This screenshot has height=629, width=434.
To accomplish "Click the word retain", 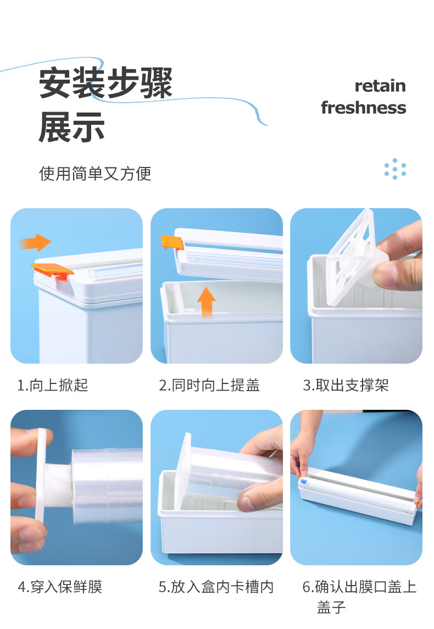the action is point(380,86).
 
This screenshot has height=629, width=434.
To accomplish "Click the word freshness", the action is point(363,108).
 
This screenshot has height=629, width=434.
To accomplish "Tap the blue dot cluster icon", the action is point(395,169).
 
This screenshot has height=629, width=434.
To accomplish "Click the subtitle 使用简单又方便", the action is point(95,174).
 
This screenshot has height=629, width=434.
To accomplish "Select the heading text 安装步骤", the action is point(105,83).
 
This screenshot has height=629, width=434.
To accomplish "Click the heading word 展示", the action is point(72,127).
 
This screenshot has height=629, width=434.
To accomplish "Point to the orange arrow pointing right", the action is point(35,242).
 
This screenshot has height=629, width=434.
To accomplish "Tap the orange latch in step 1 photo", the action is point(53,270).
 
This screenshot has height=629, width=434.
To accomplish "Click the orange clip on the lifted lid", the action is point(172,242).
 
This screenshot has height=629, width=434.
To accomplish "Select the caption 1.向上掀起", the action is point(53,385).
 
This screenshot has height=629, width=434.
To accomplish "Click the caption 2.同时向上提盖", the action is point(209,385).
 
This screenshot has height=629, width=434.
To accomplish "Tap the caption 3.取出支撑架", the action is point(346,385).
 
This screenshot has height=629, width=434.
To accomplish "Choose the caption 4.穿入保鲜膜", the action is point(60,587).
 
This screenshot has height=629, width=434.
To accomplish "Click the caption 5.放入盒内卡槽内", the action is point(216,587).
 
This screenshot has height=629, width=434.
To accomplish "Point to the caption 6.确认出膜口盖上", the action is point(360,587).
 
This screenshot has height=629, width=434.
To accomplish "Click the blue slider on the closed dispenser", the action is point(303,480).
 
